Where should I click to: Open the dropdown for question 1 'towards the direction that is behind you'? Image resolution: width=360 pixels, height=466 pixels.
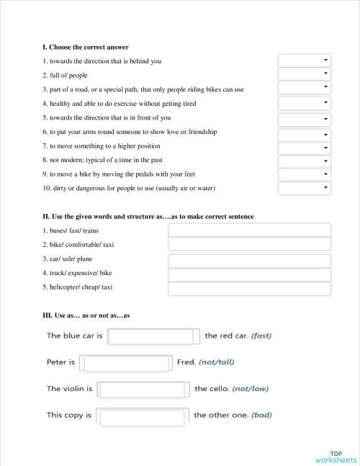point(304,61)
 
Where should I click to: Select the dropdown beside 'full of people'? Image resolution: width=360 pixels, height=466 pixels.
point(304,74)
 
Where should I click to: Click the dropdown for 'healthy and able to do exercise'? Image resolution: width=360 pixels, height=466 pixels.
point(304,103)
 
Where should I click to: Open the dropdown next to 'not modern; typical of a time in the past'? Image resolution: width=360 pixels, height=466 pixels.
point(304,161)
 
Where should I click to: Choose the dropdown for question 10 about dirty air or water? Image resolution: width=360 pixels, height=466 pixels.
point(304,189)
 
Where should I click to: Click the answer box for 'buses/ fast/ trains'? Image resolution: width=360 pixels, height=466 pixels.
point(249,230)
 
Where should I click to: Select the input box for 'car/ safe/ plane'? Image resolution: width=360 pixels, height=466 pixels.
point(249,261)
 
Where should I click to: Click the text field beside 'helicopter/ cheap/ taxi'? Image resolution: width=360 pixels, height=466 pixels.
point(249,289)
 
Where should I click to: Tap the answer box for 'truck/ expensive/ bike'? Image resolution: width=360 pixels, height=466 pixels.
point(249,274)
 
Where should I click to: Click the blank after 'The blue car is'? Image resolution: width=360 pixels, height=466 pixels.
point(153,336)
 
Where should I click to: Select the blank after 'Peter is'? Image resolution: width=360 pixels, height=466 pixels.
point(125,363)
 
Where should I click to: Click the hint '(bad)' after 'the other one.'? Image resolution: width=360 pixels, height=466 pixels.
point(261,415)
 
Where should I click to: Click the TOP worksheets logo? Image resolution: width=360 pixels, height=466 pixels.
point(336,457)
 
